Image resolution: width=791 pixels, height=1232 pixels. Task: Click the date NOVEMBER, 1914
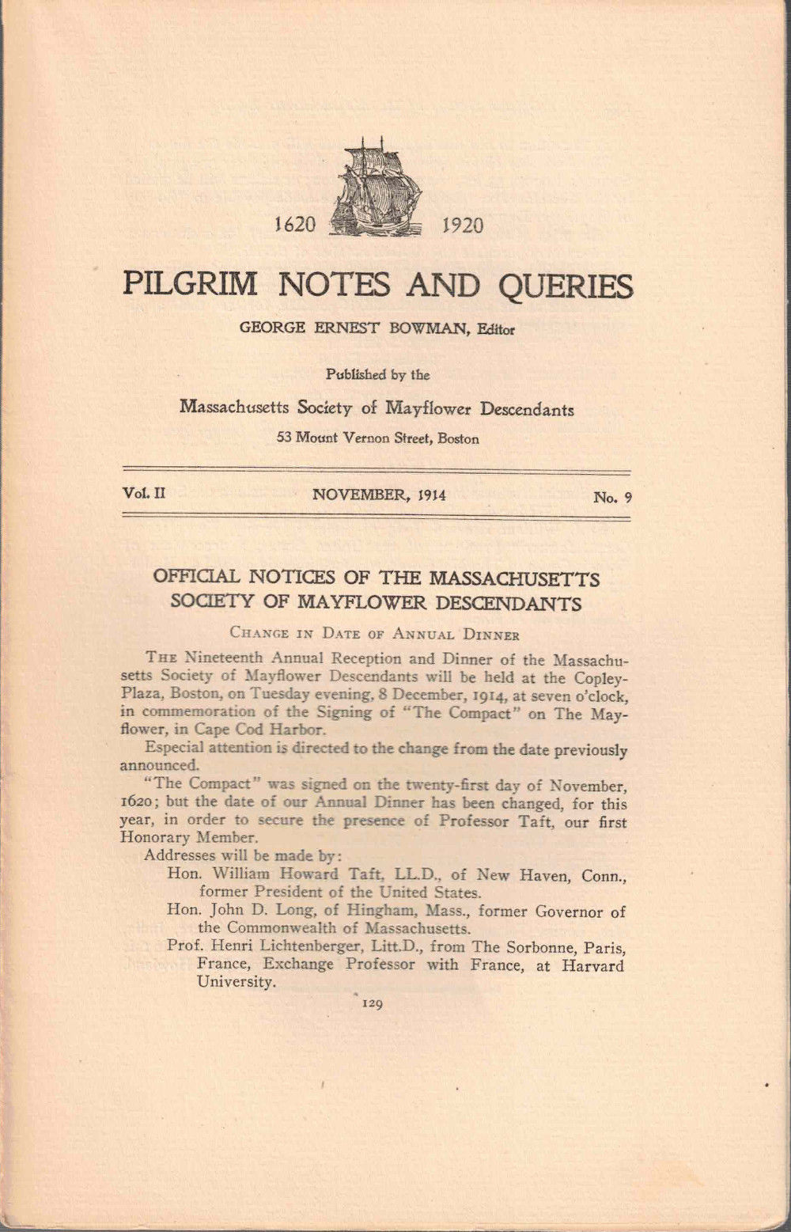click(x=379, y=495)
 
